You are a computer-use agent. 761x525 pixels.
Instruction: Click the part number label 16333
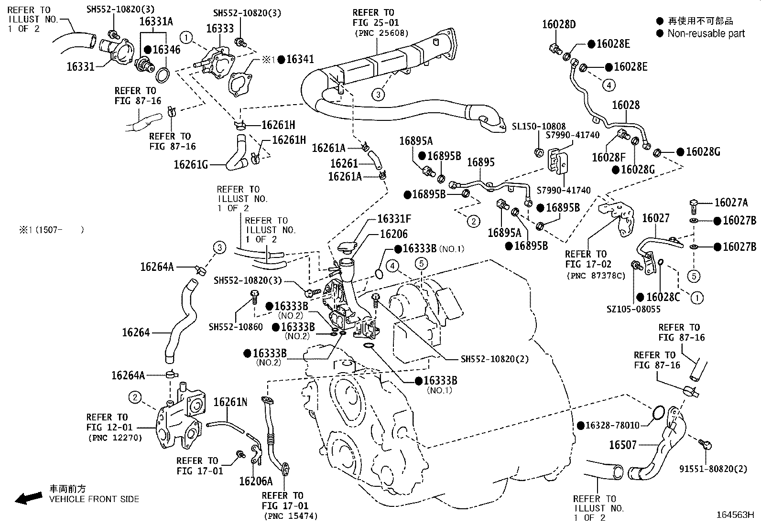pyautogui.click(x=220, y=28)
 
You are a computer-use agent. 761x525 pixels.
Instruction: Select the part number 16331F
pyautogui.click(x=394, y=219)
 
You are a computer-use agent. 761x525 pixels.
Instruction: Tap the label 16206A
pyautogui.click(x=256, y=481)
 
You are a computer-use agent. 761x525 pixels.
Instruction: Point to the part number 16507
pyautogui.click(x=623, y=445)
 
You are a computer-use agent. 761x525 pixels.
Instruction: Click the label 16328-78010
pyautogui.click(x=612, y=425)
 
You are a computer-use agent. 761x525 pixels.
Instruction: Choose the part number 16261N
pyautogui.click(x=230, y=402)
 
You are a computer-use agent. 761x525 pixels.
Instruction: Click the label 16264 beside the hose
pyautogui.click(x=136, y=332)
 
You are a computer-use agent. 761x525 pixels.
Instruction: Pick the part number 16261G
pyautogui.click(x=191, y=165)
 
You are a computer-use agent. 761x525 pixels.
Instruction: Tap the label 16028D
pyautogui.click(x=559, y=24)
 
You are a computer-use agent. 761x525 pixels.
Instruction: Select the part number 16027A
pyautogui.click(x=731, y=203)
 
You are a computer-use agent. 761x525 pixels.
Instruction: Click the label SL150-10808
pyautogui.click(x=539, y=127)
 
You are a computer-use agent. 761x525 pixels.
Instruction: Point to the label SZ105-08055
pyautogui.click(x=633, y=309)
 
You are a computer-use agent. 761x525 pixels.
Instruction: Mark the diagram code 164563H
pyautogui.click(x=735, y=514)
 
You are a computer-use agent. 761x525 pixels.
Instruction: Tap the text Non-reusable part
pyautogui.click(x=706, y=33)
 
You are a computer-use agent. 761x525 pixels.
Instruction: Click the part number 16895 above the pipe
pyautogui.click(x=481, y=162)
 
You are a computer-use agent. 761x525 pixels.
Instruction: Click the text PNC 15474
pyautogui.click(x=290, y=516)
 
